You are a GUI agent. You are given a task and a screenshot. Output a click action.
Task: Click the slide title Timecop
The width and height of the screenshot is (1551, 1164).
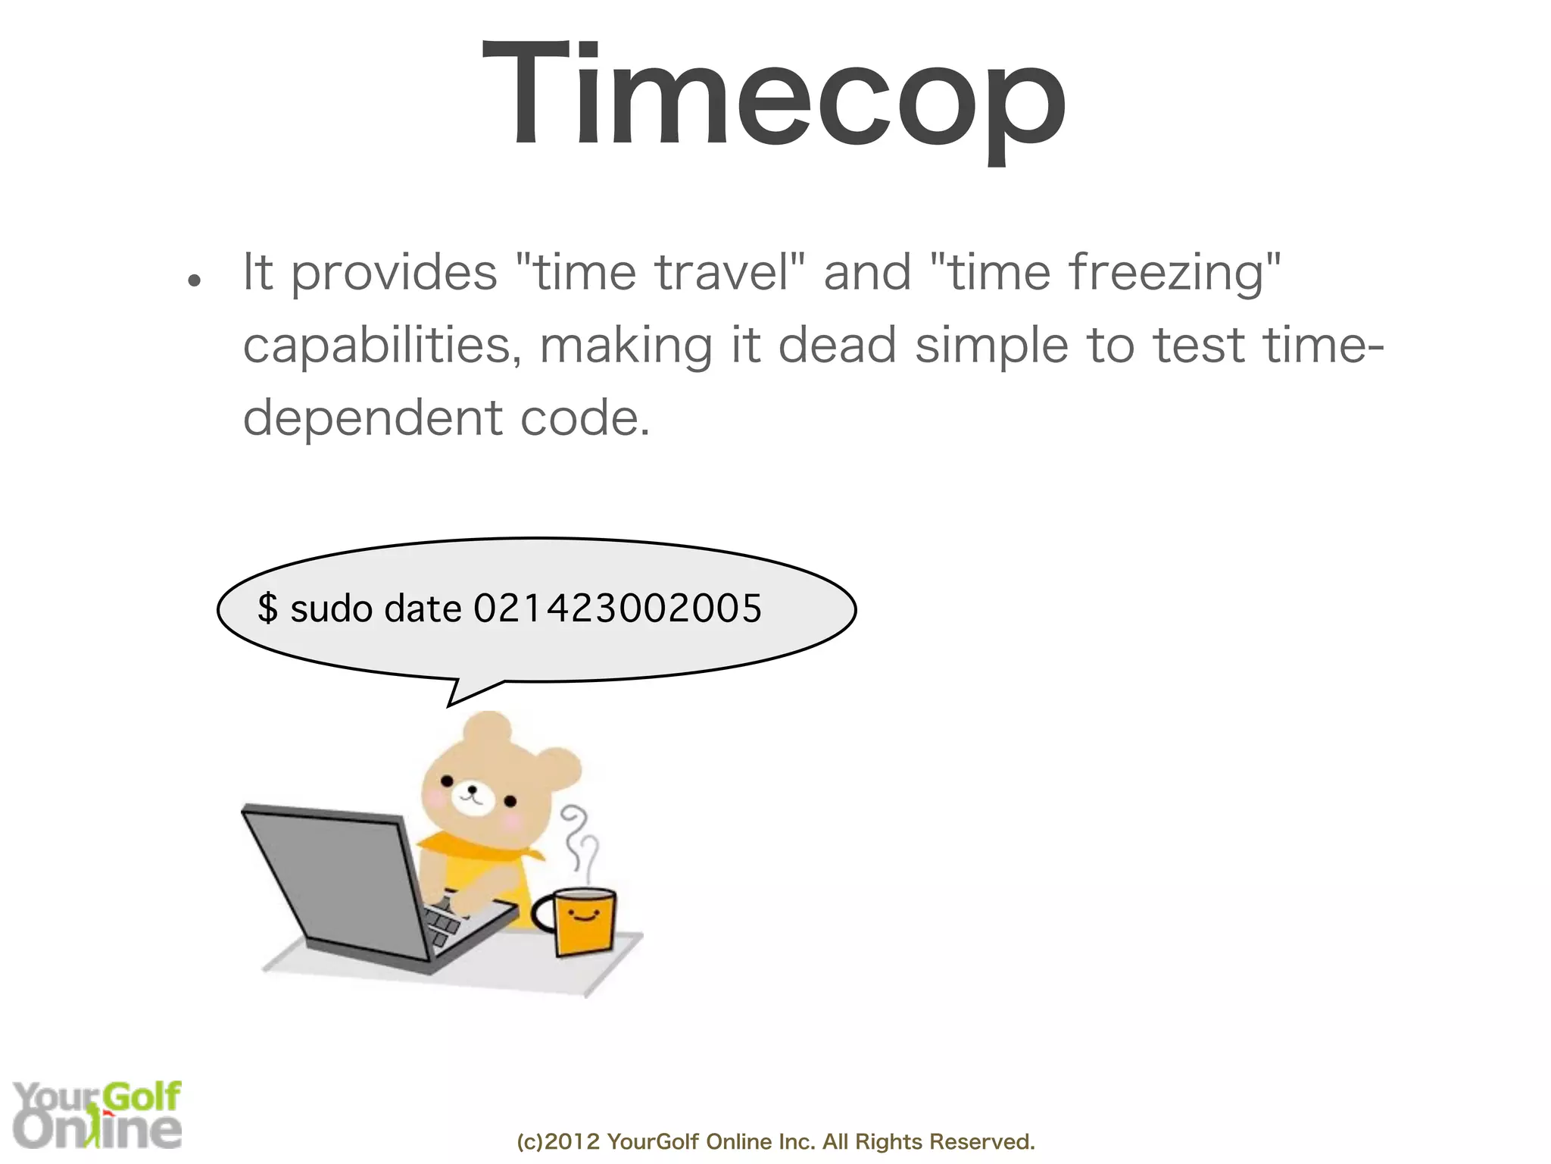(x=774, y=95)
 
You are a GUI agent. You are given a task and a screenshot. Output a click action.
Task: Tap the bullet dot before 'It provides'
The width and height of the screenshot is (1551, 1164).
(x=195, y=280)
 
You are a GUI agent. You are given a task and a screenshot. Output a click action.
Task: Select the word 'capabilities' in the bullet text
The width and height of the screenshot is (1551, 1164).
(x=376, y=346)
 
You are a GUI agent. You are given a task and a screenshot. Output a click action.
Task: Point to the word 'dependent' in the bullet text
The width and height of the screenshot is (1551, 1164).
(x=372, y=418)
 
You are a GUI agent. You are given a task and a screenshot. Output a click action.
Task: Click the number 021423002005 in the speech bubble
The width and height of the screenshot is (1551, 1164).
(x=617, y=609)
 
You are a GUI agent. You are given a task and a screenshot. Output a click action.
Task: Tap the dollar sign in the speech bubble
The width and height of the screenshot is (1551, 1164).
(x=267, y=609)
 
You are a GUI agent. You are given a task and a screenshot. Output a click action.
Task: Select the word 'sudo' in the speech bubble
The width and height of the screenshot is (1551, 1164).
(x=332, y=609)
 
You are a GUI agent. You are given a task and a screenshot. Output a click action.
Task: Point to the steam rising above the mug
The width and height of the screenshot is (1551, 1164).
(x=580, y=841)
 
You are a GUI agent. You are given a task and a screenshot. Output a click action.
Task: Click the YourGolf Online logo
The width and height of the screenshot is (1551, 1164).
(x=97, y=1114)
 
